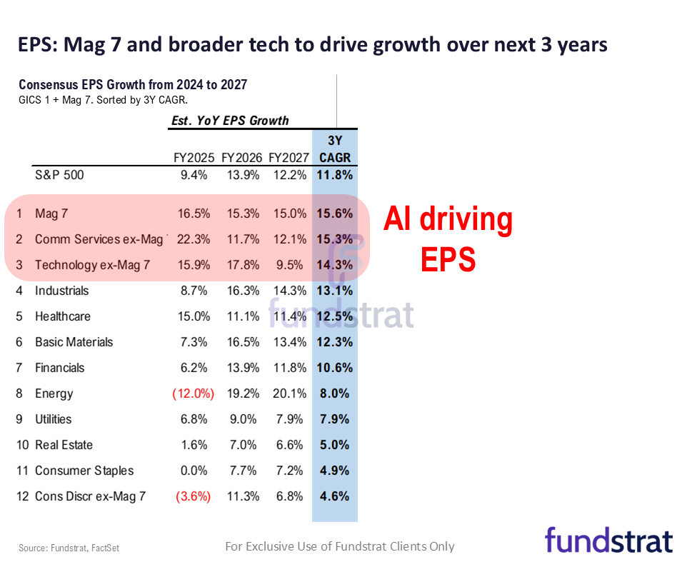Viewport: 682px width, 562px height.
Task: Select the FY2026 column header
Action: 241,157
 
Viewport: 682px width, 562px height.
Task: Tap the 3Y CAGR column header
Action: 334,149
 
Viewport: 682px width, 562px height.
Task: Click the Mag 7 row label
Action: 51,214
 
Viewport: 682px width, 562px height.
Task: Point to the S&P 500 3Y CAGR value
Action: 334,174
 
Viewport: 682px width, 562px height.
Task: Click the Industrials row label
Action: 62,291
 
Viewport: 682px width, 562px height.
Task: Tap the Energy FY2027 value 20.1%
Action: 289,393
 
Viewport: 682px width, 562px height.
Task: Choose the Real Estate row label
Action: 64,445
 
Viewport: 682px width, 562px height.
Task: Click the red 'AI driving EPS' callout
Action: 448,239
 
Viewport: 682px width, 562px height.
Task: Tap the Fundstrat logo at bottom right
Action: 608,540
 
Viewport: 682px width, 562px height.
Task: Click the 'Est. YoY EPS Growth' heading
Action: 230,121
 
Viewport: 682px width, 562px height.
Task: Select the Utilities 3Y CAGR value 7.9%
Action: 334,419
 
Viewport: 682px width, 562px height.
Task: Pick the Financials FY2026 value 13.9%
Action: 241,368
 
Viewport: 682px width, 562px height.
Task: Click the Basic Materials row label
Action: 74,342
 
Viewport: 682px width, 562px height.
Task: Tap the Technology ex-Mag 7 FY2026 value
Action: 241,265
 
